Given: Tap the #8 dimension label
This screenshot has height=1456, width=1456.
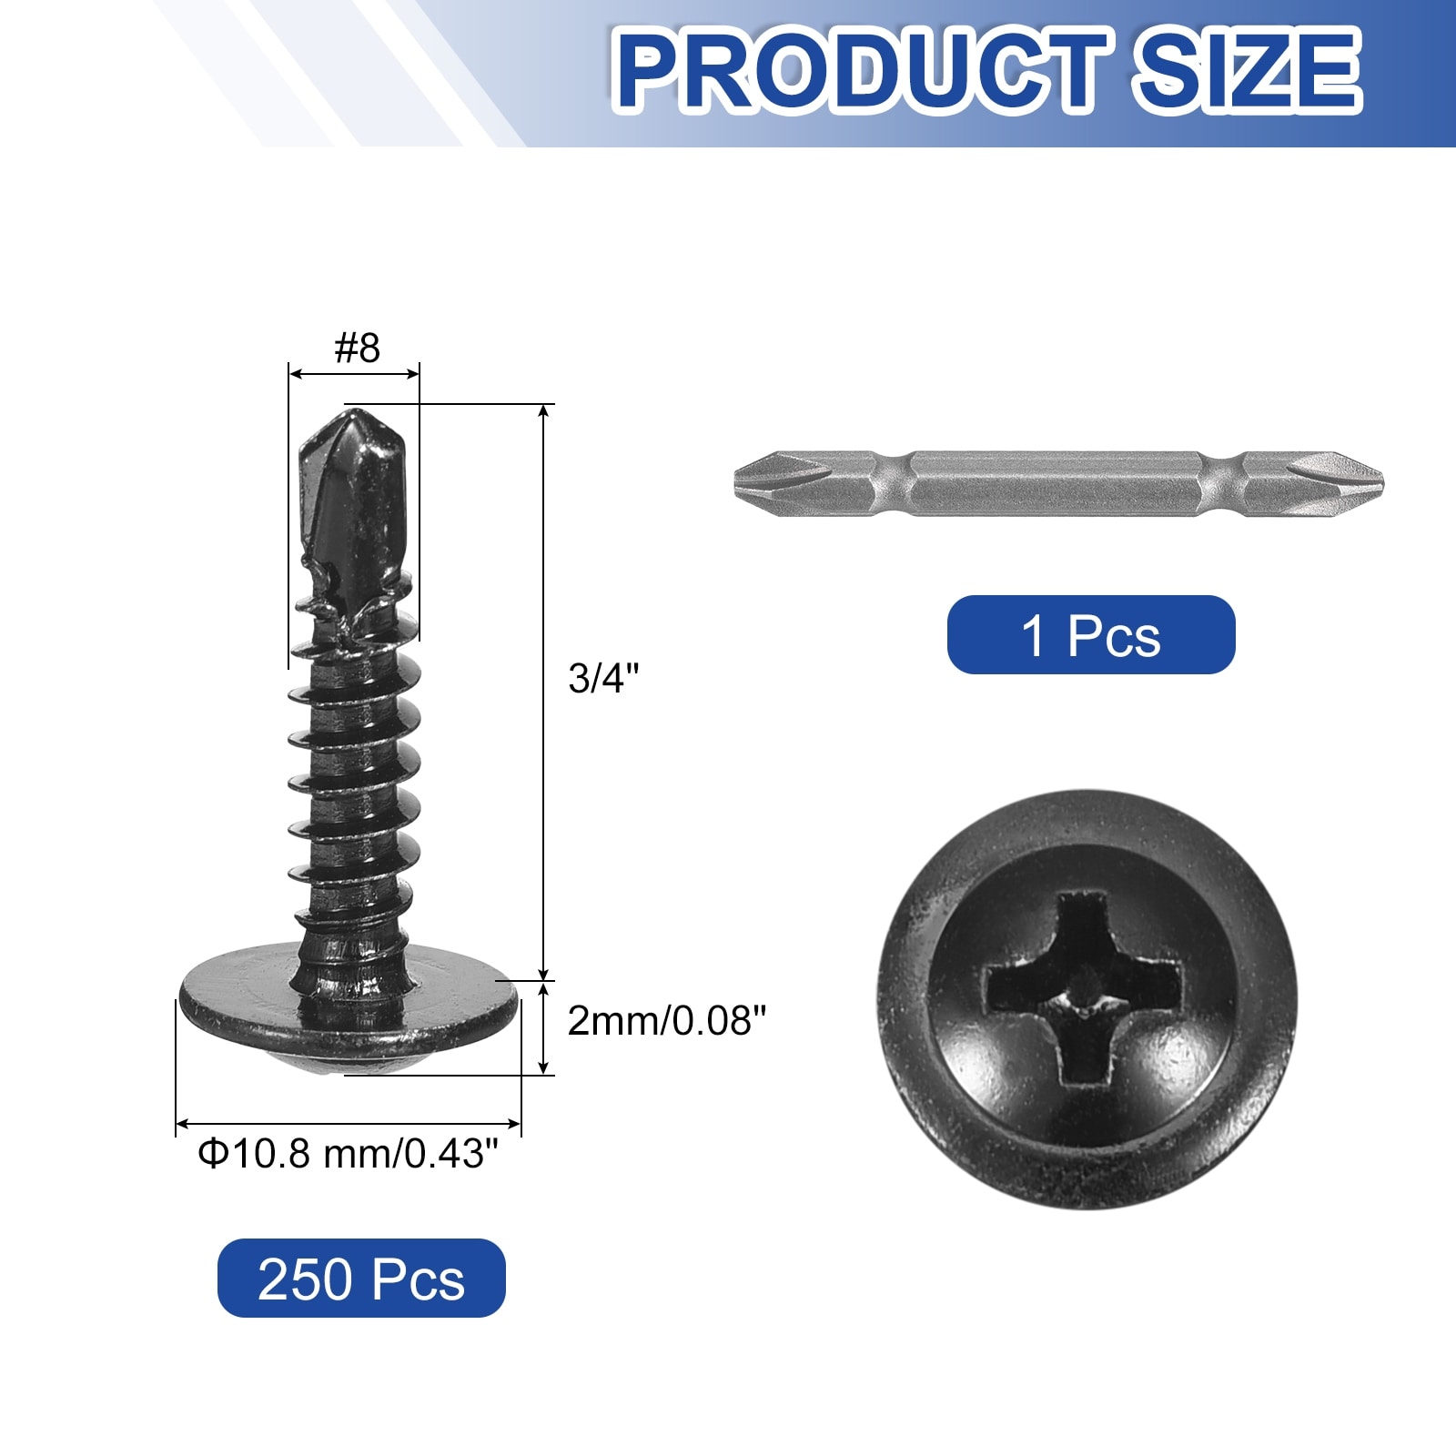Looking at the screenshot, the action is click(358, 348).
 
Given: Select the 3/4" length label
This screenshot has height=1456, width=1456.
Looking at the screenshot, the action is click(604, 678).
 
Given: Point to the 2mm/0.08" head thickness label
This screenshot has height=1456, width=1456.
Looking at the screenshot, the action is click(667, 1021).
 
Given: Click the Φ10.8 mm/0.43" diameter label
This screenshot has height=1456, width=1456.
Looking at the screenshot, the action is click(349, 1154).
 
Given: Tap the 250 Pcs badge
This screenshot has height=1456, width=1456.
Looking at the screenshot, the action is click(361, 1278).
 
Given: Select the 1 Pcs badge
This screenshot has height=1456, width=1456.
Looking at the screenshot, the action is click(1091, 635).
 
